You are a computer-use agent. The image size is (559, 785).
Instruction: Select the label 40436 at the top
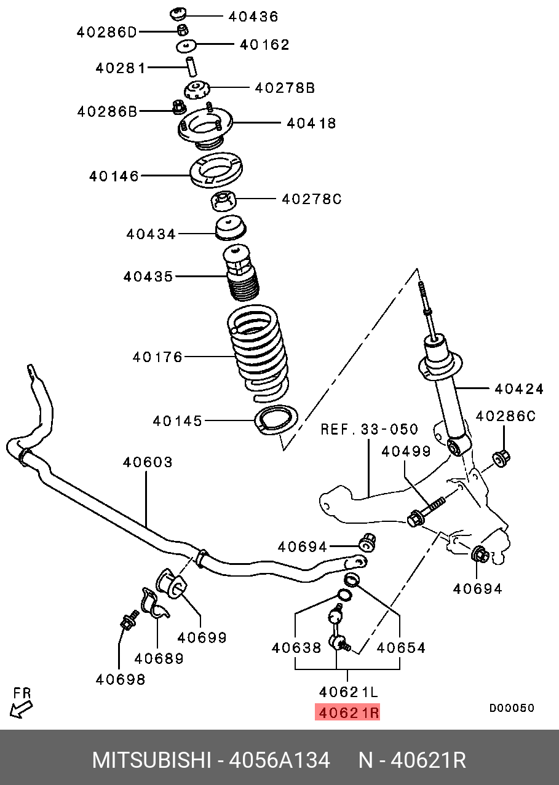point(253,17)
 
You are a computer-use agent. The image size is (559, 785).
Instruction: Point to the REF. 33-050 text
point(369,429)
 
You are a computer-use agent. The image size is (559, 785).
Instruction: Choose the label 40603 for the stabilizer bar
point(147,462)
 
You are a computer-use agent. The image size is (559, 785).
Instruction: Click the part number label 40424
point(519,389)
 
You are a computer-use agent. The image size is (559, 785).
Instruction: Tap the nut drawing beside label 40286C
point(502,458)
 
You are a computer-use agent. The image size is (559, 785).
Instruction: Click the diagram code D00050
point(511,708)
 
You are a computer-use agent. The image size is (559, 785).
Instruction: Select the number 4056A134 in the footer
point(279,760)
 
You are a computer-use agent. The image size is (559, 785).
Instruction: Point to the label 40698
point(121,679)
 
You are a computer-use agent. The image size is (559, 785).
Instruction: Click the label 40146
point(114,176)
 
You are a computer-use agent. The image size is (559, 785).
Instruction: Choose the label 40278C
point(311,199)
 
